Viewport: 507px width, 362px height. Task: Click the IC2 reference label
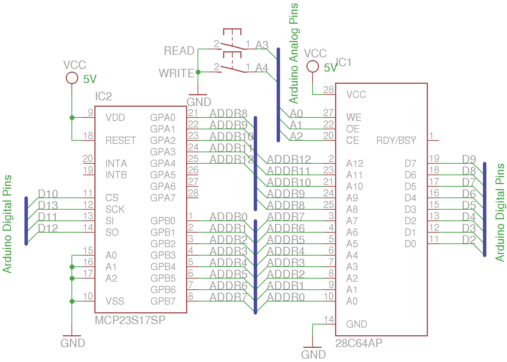pos(104,96)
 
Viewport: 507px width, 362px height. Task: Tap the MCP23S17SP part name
pos(130,320)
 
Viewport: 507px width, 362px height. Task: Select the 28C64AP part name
pos(359,343)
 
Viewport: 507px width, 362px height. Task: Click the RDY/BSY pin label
pos(396,140)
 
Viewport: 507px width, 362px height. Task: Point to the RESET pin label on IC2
pos(121,140)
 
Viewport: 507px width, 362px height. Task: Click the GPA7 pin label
pos(163,198)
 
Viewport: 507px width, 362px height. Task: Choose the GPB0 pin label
pos(163,221)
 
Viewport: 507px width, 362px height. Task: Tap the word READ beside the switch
pos(179,51)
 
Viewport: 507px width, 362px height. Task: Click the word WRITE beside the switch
pos(177,73)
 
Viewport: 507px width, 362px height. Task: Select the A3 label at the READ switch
pos(262,45)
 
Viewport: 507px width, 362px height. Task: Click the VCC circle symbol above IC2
pos(72,78)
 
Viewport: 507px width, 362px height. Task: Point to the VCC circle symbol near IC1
pos(313,67)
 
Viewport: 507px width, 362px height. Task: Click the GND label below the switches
pos(199,102)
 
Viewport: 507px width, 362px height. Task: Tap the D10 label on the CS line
pos(48,194)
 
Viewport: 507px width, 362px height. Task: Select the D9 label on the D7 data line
pos(469,159)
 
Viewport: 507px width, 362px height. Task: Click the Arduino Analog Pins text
pos(294,54)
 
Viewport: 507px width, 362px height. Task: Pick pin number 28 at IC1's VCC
pos(329,90)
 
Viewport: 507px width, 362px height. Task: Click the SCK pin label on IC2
pos(115,209)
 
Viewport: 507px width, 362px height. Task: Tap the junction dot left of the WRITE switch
pos(198,72)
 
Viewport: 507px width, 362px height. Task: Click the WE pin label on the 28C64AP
pos(354,117)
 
